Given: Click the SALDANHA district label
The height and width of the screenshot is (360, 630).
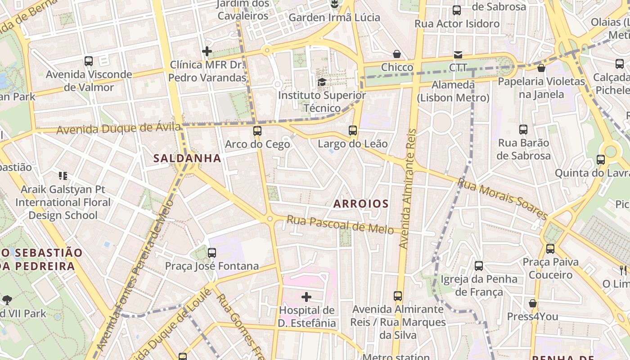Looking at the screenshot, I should pos(187,158).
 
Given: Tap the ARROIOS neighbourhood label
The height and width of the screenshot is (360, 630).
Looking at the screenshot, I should pos(361,203).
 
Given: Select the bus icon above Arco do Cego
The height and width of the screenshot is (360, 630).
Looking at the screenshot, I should pos(257,131).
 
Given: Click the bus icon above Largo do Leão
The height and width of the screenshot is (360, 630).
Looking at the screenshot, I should pos(353,130).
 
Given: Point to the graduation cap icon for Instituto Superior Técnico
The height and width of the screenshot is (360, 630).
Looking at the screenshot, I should pos(322,82).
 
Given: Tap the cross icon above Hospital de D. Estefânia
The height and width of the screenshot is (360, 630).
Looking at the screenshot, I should pos(306,297).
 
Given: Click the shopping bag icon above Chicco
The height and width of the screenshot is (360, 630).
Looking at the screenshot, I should pos(397,54).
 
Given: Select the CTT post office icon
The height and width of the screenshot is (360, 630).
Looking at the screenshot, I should pos(458,54).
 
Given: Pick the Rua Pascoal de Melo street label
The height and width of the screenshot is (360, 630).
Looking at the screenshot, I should pos(340,224).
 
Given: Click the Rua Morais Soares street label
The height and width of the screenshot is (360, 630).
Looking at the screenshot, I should pos(503,198).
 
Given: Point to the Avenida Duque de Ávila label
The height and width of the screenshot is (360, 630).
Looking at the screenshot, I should pos(119,129).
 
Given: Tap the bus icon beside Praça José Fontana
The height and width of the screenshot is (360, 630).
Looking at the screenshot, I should pos(212,252).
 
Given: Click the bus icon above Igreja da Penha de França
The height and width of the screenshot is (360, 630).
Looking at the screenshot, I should pos(479,265).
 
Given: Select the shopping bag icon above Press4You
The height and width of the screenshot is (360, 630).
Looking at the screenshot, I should pos(533,303).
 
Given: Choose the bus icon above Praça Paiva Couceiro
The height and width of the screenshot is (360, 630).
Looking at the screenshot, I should pos(550,248).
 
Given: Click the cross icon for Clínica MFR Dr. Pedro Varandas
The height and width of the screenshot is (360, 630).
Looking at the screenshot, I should pos(207,51).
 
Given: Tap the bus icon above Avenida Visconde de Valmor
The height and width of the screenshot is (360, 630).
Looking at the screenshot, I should pos(89,61).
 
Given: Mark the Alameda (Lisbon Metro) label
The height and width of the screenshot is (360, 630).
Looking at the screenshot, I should pos(453,91).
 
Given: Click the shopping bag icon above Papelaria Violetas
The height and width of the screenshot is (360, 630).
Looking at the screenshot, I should pos(541,68).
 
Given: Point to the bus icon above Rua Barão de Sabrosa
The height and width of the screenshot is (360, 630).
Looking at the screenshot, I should pos(523,130).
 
